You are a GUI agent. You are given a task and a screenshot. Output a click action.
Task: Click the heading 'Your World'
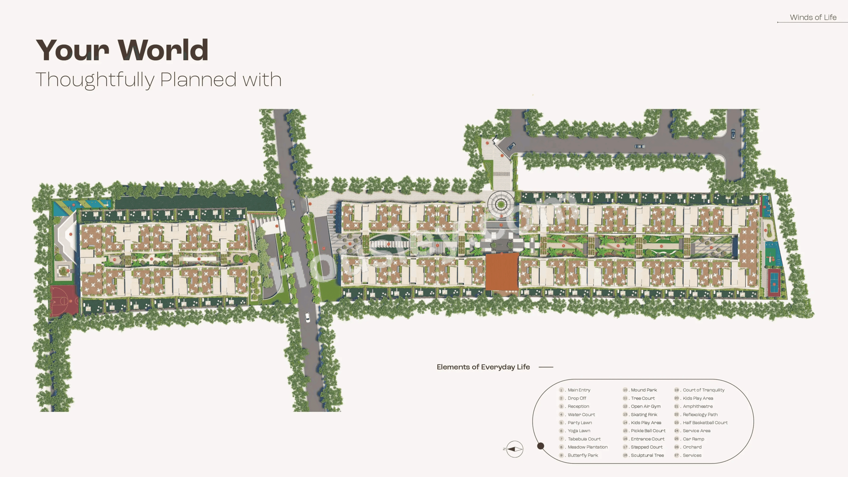tap(122, 50)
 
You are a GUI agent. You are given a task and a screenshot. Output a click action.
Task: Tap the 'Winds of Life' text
tap(813, 17)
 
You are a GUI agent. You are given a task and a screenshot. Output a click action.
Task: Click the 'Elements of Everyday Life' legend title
tap(483, 367)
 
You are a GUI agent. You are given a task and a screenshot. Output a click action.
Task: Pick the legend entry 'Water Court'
tap(581, 414)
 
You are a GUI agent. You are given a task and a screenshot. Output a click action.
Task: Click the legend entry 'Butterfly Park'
tap(583, 455)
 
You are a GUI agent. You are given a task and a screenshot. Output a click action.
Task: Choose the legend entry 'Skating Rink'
tap(644, 414)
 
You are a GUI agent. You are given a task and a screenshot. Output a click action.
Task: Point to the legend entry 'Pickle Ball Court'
tap(648, 430)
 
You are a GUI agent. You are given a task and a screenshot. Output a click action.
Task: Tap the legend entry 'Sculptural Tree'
tap(647, 455)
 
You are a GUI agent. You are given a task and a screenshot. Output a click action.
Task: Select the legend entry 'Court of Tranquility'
tap(703, 390)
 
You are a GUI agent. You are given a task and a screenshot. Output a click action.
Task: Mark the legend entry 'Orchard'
tap(692, 447)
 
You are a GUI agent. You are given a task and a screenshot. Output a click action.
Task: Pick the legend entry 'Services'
tap(692, 455)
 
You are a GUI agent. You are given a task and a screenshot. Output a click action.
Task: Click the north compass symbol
tap(514, 449)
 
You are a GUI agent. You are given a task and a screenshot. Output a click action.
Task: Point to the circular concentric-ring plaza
tap(501, 204)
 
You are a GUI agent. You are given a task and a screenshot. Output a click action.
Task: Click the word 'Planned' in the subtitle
tap(198, 80)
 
